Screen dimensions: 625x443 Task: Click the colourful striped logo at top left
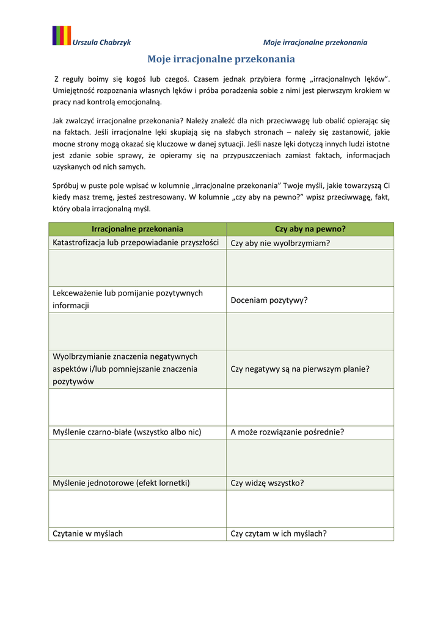coord(61,36)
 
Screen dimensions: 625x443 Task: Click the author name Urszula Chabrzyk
coord(102,43)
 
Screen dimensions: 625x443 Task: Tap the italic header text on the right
coord(315,43)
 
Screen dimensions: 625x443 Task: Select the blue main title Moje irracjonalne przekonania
coord(221,59)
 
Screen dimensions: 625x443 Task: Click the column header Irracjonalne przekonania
coord(137,229)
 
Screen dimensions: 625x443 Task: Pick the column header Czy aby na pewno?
coord(310,229)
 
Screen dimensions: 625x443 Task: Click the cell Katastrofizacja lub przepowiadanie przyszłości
coord(136,242)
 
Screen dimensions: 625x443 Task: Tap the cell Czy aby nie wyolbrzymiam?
coord(280,243)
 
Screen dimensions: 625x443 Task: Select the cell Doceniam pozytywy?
coord(269,300)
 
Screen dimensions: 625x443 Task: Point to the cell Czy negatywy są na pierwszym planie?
coord(300,369)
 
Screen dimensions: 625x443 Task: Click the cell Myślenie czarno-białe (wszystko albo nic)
coord(127,432)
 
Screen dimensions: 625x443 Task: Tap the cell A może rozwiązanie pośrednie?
coord(287,432)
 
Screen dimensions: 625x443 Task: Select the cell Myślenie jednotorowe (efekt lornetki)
coord(122,483)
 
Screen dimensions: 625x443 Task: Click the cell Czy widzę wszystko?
coord(267,483)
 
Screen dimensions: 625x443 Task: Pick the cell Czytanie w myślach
coord(88,533)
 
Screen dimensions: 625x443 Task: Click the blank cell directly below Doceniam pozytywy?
coord(310,331)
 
